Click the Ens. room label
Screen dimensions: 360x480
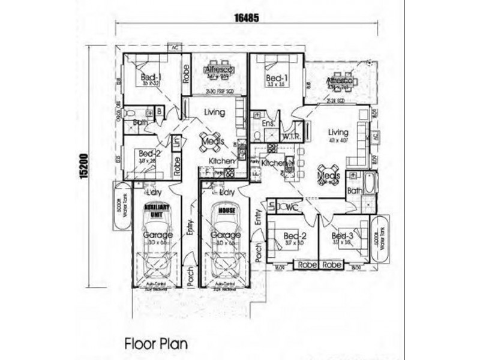coord(268,124)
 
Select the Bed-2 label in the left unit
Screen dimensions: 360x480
coord(146,154)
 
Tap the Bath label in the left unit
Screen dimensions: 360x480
coord(140,122)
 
